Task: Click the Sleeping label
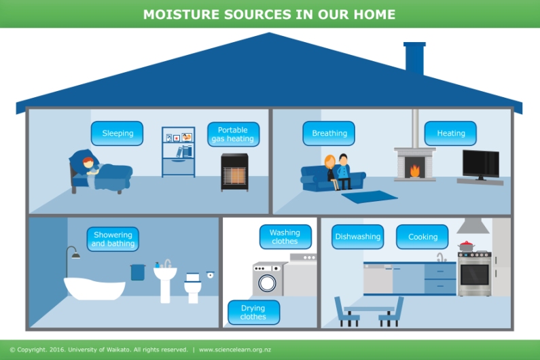pos(117,133)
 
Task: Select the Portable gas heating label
pos(233,134)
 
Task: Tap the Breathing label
pos(329,133)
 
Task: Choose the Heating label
pos(450,133)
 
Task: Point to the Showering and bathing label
pos(113,239)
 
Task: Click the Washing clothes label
pos(285,236)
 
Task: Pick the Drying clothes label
pos(254,312)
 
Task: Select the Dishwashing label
pos(358,236)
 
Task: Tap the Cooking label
pos(422,236)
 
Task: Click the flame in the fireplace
pos(415,171)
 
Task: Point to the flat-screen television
pos(481,165)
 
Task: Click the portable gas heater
pos(234,172)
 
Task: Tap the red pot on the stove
pos(466,246)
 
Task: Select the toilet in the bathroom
pos(192,287)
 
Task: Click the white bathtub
pos(94,289)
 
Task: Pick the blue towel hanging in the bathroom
pos(138,272)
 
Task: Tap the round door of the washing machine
pos(267,283)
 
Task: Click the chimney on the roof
pos(414,58)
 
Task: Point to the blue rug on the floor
pos(370,197)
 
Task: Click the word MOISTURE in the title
pos(181,14)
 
